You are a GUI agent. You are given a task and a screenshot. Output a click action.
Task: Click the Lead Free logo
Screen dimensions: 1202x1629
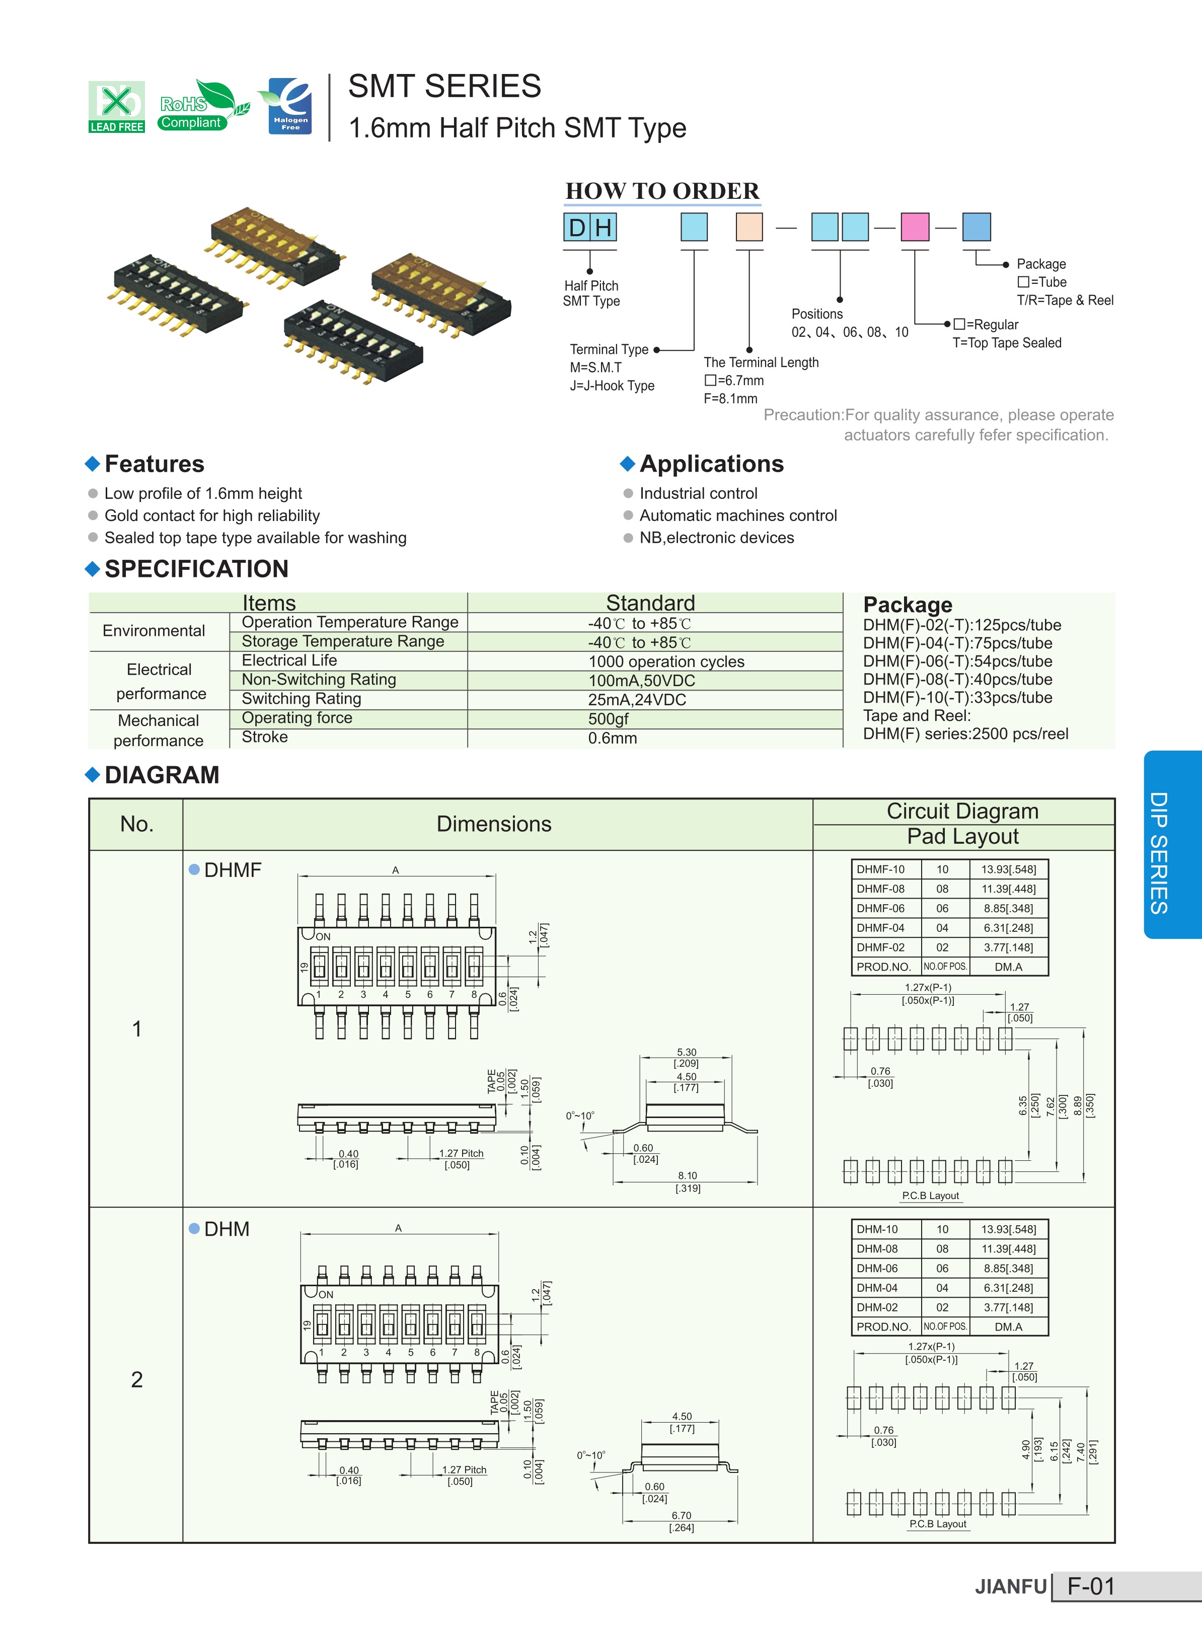pyautogui.click(x=116, y=107)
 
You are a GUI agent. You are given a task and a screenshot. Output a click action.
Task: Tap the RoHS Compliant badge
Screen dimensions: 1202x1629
pyautogui.click(x=202, y=106)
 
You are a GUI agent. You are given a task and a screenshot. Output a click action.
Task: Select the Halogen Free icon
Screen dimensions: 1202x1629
pyautogui.click(x=287, y=106)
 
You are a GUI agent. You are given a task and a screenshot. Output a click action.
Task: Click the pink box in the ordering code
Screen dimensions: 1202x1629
pyautogui.click(x=915, y=226)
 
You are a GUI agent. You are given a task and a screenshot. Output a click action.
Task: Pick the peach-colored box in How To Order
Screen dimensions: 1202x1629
pyautogui.click(x=748, y=226)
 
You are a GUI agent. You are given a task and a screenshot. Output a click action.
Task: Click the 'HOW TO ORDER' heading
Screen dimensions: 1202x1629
pyautogui.click(x=662, y=191)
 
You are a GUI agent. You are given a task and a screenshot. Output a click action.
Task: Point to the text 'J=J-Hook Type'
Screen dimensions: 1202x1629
pyautogui.click(x=612, y=386)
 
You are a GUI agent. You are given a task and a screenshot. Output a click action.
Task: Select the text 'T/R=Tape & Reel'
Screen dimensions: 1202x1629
pyautogui.click(x=1065, y=301)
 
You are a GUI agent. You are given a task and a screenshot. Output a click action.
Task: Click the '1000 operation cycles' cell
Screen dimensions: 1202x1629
pyautogui.click(x=666, y=661)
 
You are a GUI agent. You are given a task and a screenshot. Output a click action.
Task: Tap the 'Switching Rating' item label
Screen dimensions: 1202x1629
pyautogui.click(x=301, y=698)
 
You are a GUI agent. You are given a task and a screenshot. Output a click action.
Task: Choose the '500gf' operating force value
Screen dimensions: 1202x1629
pyautogui.click(x=608, y=719)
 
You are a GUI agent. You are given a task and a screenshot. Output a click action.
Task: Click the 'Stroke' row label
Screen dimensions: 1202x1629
pyautogui.click(x=265, y=737)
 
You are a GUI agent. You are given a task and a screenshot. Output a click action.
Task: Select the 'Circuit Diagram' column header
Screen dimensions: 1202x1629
pyautogui.click(x=962, y=811)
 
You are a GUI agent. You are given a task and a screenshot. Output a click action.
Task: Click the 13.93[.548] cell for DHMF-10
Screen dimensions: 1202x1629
pyautogui.click(x=1008, y=869)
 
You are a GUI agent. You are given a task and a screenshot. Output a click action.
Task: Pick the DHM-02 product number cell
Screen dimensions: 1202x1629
pyautogui.click(x=877, y=1307)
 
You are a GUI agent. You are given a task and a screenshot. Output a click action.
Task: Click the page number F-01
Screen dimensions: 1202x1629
pyautogui.click(x=1091, y=1587)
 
